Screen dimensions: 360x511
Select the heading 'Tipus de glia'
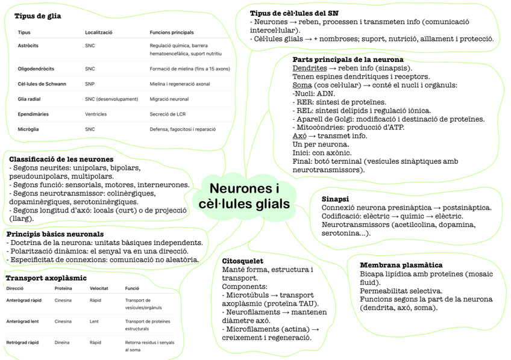coord(38,16)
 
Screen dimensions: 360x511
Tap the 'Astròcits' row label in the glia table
coord(28,45)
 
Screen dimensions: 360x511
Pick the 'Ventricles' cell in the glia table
coord(97,114)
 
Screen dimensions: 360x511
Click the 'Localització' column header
coord(99,32)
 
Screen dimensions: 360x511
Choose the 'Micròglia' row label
coord(28,129)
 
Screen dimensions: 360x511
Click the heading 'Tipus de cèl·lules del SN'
coord(294,13)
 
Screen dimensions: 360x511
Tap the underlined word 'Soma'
coord(302,85)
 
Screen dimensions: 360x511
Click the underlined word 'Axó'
coord(299,136)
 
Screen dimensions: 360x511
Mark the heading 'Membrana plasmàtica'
coord(401,265)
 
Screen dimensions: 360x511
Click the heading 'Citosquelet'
coord(242,261)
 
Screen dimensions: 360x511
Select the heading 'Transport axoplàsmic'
coord(46,278)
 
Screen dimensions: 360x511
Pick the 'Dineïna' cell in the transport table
coord(63,343)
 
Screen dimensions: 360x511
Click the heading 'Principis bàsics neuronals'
coord(55,234)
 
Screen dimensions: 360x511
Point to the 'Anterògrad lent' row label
coord(22,321)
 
